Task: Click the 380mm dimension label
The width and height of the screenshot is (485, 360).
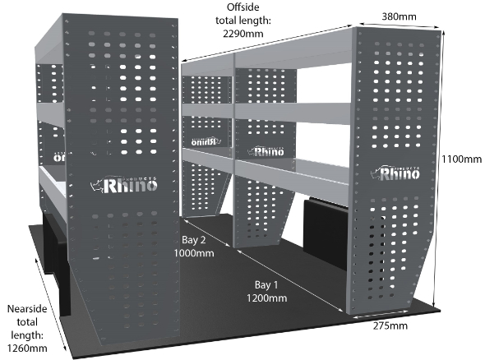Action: [x=399, y=16]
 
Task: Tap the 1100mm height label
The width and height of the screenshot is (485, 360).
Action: [x=461, y=159]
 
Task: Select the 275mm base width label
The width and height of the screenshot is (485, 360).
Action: [x=390, y=325]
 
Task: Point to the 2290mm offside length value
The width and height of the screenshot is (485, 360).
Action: [x=243, y=34]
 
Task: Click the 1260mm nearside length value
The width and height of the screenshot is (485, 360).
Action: [x=27, y=348]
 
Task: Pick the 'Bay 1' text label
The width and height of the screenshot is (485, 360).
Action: [x=266, y=285]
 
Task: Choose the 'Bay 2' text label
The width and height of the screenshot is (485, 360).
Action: [x=194, y=240]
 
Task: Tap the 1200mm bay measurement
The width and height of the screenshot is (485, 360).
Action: [x=266, y=298]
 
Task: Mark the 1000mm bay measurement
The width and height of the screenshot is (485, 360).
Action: [x=194, y=253]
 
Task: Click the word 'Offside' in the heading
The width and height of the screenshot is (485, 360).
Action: [x=243, y=7]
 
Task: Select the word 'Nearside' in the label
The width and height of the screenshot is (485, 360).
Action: [x=27, y=309]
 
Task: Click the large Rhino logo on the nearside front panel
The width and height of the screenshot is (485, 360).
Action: [x=124, y=185]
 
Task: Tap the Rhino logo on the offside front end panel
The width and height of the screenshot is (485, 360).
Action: [x=395, y=173]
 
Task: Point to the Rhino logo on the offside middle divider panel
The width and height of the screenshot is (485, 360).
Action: [x=266, y=151]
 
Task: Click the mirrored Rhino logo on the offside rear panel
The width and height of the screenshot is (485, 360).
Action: [x=206, y=141]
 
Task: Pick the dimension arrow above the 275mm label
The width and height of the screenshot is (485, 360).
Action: [x=381, y=315]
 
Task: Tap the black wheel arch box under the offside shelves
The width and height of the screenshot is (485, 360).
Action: [x=326, y=230]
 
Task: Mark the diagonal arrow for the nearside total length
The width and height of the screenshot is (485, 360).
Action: [x=51, y=305]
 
